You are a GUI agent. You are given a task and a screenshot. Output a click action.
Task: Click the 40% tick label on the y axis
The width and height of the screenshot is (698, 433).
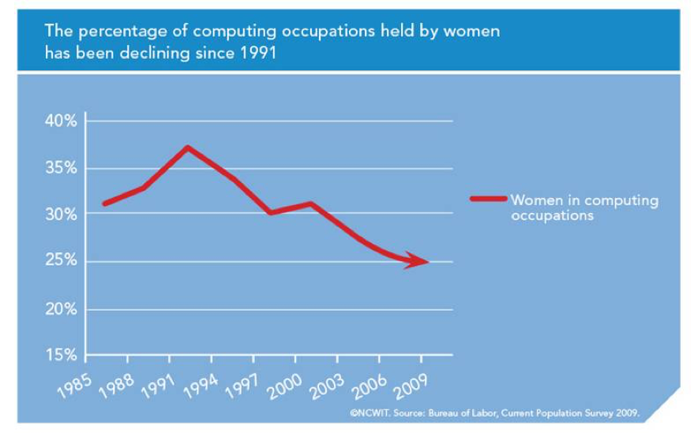tap(60, 121)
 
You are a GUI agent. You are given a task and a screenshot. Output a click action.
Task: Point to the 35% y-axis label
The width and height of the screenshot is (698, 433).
tap(60, 168)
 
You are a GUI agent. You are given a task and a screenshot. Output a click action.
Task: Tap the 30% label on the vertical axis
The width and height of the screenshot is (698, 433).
tap(60, 215)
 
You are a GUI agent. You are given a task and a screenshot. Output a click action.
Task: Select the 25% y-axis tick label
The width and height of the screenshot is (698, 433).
tap(60, 262)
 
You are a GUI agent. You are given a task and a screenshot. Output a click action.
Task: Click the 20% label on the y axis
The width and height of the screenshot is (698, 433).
tap(60, 309)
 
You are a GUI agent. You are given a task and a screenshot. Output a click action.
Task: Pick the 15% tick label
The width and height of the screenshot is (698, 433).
tap(60, 356)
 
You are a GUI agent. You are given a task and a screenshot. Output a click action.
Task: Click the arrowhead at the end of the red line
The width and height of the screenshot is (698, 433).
tap(418, 263)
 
